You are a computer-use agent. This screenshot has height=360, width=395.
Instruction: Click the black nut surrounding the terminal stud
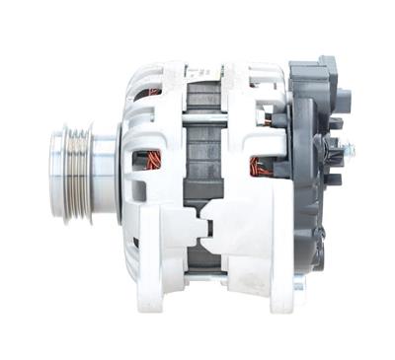click(x=336, y=152)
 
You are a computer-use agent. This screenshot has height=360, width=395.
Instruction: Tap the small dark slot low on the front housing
click(x=135, y=242)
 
